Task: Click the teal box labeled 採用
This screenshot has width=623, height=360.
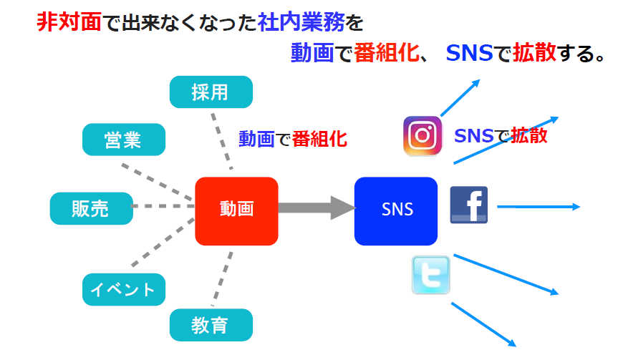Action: pos(211,92)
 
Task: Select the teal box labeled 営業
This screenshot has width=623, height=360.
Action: pos(123,140)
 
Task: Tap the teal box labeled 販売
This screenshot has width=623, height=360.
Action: pos(91,208)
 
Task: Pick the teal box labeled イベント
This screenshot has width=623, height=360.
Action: pos(123,289)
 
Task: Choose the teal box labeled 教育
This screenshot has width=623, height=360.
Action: pos(211,326)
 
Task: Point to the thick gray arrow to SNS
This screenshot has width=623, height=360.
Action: pos(315,208)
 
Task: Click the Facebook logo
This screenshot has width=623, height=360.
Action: pos(468,205)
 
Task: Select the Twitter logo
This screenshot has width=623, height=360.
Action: pos(431,276)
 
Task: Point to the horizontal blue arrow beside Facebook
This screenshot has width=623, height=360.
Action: pos(537,207)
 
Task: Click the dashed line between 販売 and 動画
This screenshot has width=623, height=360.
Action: pos(164,207)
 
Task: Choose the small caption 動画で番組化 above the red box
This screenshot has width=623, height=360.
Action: pos(293,140)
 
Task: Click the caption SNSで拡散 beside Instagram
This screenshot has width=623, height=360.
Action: pos(501,135)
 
